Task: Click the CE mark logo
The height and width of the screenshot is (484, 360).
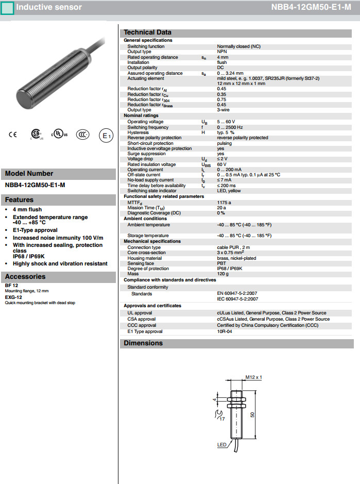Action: point(12,135)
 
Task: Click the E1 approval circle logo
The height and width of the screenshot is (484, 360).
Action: point(106,136)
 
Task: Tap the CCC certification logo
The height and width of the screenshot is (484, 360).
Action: point(82,135)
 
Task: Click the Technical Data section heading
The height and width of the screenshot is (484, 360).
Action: point(147,32)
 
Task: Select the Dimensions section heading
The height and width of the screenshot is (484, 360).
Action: point(143,343)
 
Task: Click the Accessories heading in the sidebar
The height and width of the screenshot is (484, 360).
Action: point(25,277)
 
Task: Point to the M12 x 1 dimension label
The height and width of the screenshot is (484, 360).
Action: point(254,377)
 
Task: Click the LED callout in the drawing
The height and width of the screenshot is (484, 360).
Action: point(221,444)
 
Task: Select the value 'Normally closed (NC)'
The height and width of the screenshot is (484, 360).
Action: point(238,46)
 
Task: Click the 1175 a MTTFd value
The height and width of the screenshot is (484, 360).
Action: point(224,203)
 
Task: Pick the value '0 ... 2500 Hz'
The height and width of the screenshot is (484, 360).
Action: point(230,127)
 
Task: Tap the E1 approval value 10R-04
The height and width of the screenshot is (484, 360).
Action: point(225,332)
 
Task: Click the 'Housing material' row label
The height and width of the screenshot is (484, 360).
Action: point(144,258)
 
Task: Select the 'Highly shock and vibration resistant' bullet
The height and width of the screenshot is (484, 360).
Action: point(60,263)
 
